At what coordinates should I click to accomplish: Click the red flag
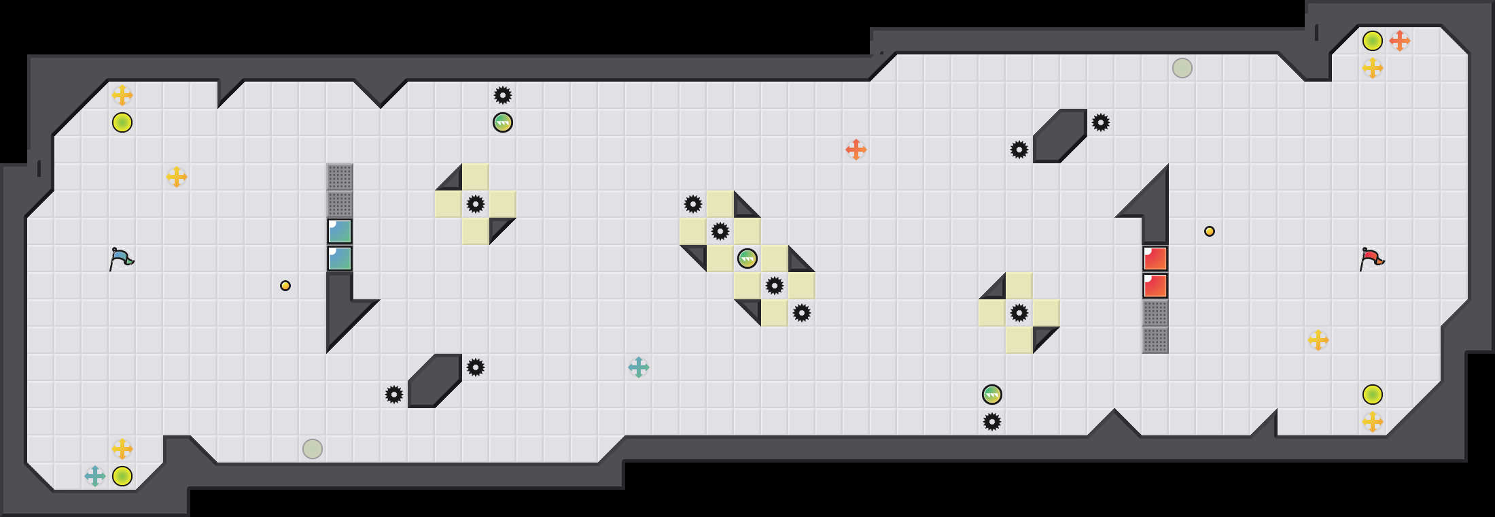coord(1372,259)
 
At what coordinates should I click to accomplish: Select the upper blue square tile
coord(340,231)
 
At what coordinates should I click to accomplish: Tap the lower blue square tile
coord(340,258)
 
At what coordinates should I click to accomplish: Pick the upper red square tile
coord(1155,258)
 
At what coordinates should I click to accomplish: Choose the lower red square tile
coord(1155,286)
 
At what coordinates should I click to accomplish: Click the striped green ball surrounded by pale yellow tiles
coord(747,258)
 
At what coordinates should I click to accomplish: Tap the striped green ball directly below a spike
coord(503,122)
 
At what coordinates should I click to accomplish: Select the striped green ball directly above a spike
coord(992,395)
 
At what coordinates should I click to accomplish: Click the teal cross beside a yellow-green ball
coord(95,476)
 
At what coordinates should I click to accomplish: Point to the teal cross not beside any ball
coord(639,367)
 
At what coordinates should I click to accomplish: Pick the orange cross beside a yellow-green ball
coord(1400,41)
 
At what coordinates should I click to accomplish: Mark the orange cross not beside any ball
coord(856,150)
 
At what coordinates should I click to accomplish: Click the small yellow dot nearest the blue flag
coord(285,286)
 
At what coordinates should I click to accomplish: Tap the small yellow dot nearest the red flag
coord(1210,231)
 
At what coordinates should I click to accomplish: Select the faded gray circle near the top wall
coord(1182,68)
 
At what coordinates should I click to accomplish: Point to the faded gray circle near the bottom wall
coord(313,449)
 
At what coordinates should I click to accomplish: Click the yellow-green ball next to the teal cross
coord(122,476)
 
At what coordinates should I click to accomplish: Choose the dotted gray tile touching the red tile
coord(1155,313)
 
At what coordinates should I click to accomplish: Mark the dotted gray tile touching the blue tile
coord(340,204)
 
